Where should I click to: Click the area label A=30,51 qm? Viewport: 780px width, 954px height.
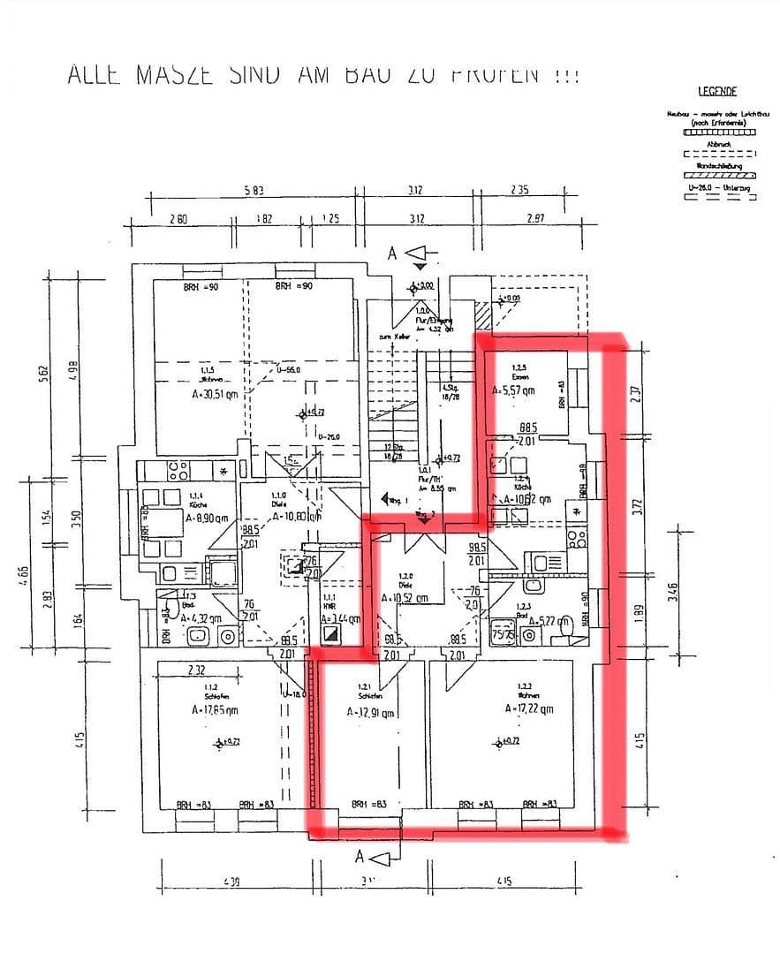coord(216,397)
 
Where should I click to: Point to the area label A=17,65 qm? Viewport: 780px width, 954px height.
coord(217,708)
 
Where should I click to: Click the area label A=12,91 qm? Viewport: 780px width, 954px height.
coord(371,712)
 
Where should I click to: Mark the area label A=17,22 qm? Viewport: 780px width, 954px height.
coord(529,708)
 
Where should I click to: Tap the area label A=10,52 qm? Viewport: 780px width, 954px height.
coord(405,597)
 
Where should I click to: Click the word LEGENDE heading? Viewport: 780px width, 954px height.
coord(716,91)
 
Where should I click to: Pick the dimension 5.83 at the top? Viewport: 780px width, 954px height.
coord(253,190)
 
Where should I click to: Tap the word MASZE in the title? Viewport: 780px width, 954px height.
coord(174,74)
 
